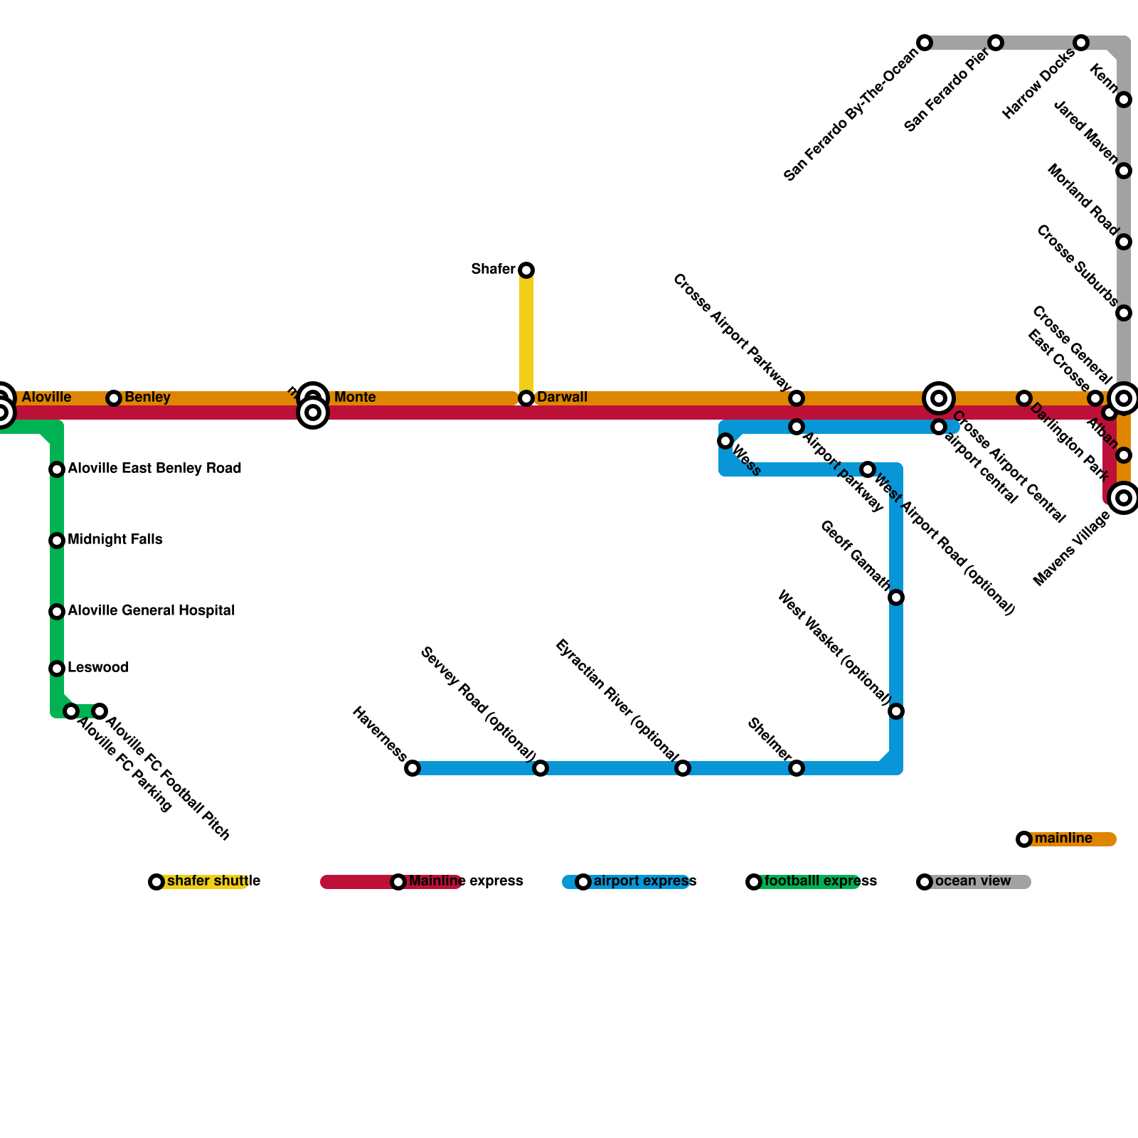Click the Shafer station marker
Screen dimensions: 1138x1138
(x=526, y=270)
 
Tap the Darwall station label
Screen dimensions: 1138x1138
(x=562, y=397)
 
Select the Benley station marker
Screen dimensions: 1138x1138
(x=114, y=398)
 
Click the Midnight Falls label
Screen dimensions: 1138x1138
(x=115, y=540)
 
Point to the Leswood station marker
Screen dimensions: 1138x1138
(x=57, y=669)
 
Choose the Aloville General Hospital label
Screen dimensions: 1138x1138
(x=151, y=611)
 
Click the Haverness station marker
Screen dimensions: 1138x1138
(x=413, y=768)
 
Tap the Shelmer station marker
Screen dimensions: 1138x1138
(x=797, y=768)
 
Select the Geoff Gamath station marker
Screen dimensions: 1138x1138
(x=896, y=597)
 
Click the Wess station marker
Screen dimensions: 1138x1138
(x=725, y=441)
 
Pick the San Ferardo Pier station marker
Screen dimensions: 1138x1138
(x=996, y=43)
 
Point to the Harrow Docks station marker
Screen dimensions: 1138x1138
(x=1081, y=43)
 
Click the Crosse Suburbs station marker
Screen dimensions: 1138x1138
(x=1124, y=313)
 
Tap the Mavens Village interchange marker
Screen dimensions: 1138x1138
(x=1124, y=498)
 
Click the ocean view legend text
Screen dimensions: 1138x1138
(x=972, y=881)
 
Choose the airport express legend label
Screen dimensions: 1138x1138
(x=644, y=881)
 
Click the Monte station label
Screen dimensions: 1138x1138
(x=355, y=398)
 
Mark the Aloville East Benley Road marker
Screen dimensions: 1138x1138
(x=57, y=469)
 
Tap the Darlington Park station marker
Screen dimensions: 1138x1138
(x=1024, y=398)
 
